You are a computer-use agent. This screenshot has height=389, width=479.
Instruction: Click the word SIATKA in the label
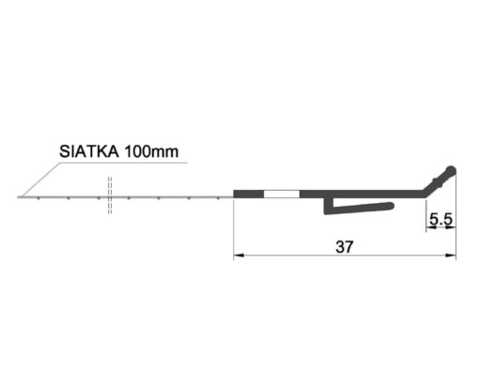(89, 151)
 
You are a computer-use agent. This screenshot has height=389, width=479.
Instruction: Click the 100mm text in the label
(151, 151)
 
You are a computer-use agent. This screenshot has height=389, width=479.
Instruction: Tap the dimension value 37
(344, 247)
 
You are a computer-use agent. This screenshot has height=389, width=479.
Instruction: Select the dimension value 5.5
(440, 219)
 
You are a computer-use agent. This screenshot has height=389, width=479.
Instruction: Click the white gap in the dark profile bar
(282, 194)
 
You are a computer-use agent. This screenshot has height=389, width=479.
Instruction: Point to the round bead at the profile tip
(451, 171)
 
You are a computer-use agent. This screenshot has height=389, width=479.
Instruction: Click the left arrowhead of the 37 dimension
(239, 256)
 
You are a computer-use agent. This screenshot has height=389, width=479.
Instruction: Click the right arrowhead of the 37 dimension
(451, 256)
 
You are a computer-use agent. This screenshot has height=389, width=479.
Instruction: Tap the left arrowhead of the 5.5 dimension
(431, 227)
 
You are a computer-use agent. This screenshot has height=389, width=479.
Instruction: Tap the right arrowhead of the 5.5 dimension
(451, 227)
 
